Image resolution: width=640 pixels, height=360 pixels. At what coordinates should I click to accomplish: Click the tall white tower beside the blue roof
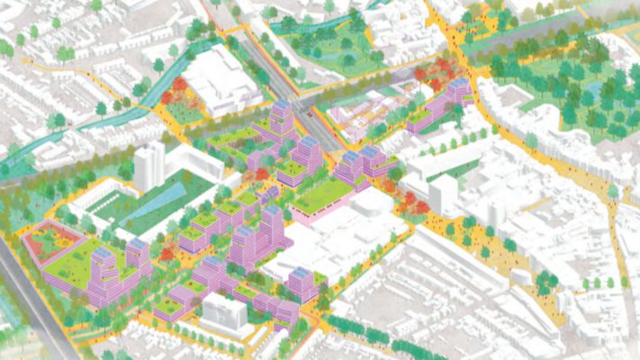[x=149, y=166]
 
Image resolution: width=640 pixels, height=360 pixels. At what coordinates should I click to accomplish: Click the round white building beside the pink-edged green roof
[x=370, y=203]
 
